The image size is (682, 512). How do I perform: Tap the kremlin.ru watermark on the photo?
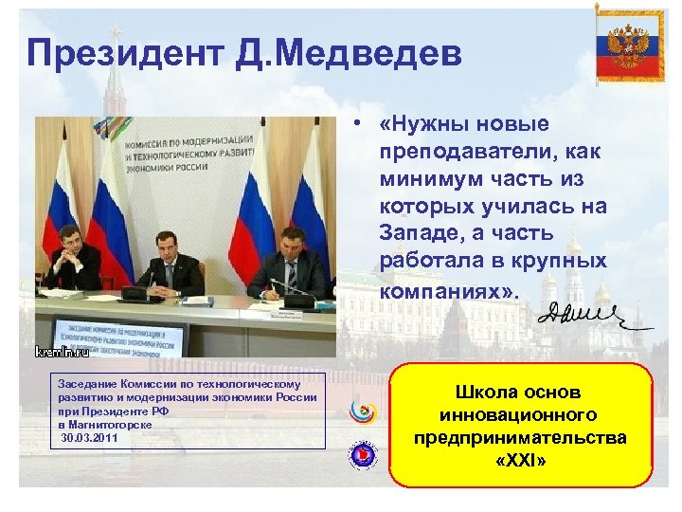point(63,352)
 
